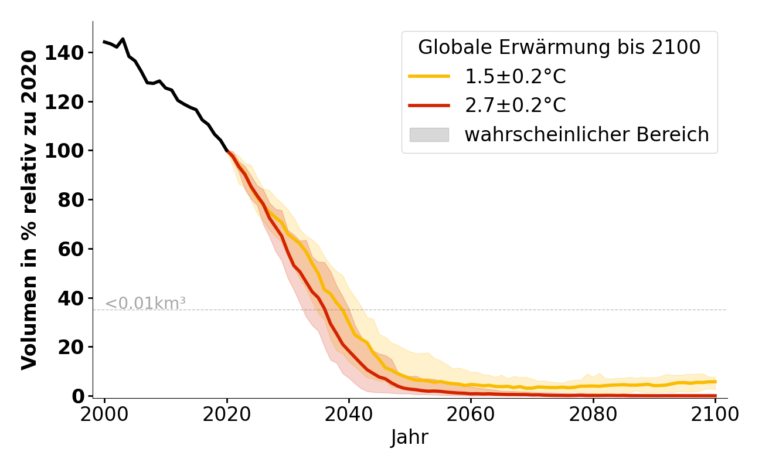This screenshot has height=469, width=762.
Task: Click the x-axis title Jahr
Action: (409, 437)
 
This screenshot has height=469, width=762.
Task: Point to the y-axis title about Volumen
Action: (29, 209)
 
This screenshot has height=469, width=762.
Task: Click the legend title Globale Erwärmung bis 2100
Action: (559, 47)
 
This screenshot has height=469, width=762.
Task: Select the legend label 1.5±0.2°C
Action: (515, 76)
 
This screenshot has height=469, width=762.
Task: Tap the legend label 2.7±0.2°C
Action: (515, 106)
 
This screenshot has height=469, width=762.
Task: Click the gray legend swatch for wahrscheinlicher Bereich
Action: (429, 135)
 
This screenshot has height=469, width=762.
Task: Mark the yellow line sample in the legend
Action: (429, 76)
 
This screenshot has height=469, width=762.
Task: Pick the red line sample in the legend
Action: (429, 106)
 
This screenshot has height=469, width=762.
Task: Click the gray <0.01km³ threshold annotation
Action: (145, 304)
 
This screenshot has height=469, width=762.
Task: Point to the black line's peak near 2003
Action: (123, 39)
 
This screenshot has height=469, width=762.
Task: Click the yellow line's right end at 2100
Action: (715, 382)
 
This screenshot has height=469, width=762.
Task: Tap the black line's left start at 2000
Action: (104, 42)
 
